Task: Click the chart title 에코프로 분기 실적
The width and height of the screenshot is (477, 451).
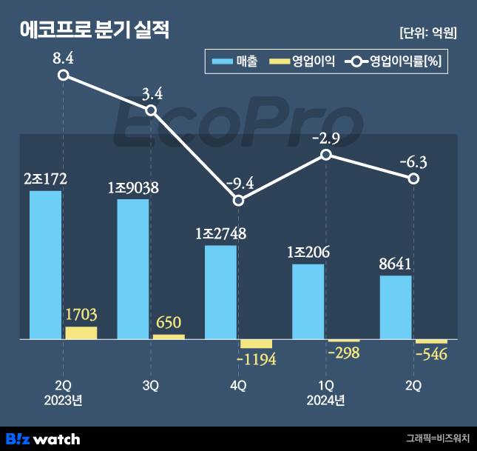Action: point(94,31)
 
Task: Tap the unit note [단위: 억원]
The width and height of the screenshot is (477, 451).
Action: point(427,33)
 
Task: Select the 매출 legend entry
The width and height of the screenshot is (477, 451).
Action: point(235,62)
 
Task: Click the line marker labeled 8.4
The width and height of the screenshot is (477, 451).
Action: point(64,75)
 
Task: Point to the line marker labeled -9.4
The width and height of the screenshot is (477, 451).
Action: point(238,200)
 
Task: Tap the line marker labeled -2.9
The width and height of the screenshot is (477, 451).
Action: point(326,154)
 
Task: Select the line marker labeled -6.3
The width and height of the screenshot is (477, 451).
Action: point(413,178)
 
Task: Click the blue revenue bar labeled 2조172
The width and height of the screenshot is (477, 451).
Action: point(46,265)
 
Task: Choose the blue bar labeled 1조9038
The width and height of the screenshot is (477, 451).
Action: point(133,269)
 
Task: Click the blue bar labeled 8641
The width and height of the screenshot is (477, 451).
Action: point(396,307)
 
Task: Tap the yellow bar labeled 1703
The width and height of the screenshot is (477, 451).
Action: point(81,333)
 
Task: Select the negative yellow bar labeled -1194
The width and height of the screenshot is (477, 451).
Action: point(257,344)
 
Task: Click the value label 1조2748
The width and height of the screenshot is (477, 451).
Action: point(221,233)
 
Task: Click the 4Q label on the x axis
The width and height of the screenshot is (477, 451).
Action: point(238,386)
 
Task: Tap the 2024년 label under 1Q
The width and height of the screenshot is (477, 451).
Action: point(326,401)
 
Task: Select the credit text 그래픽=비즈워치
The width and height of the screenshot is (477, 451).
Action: point(438,438)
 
